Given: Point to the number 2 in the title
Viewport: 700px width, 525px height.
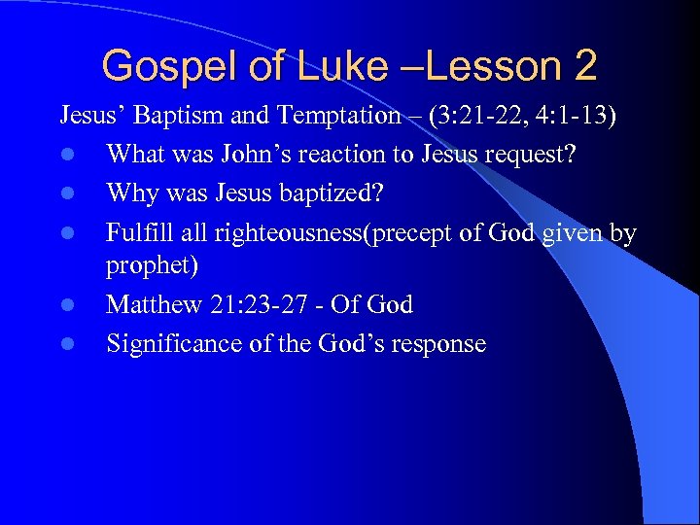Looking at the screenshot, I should pos(585,67).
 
